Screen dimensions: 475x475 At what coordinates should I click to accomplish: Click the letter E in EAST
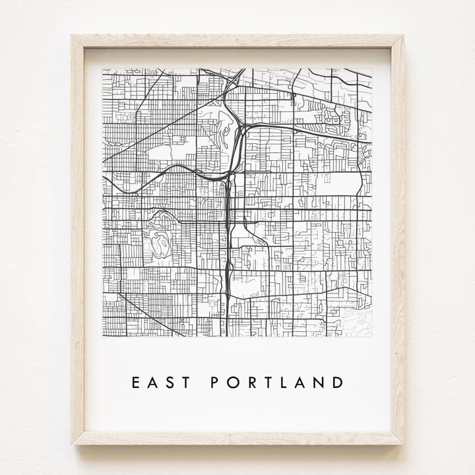tap(136, 383)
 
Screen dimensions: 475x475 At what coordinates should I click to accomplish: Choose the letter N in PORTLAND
tap(320, 383)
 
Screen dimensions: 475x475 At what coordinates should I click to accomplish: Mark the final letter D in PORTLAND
tap(338, 383)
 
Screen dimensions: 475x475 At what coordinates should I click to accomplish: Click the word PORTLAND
tap(276, 383)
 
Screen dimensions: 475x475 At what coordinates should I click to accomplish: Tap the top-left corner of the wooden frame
tap(73, 37)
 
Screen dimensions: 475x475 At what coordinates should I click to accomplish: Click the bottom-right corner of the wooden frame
tap(404, 443)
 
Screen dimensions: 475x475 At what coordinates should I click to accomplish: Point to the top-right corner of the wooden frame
tap(403, 37)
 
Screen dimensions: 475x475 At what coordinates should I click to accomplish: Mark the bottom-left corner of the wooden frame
tap(73, 443)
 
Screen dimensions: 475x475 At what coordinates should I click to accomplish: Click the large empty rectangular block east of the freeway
tap(340, 184)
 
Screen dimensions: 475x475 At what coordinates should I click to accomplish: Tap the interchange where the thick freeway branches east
tap(241, 127)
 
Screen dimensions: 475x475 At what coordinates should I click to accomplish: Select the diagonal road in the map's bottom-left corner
tap(152, 316)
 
